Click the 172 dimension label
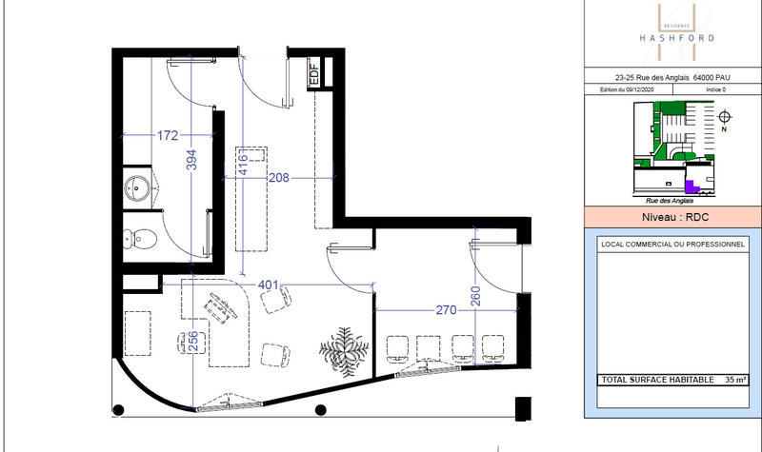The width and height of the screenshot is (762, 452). [x=167, y=136]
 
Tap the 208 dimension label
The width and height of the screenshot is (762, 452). [x=278, y=177]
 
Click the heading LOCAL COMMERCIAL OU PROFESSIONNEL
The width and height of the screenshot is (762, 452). [x=672, y=245]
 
